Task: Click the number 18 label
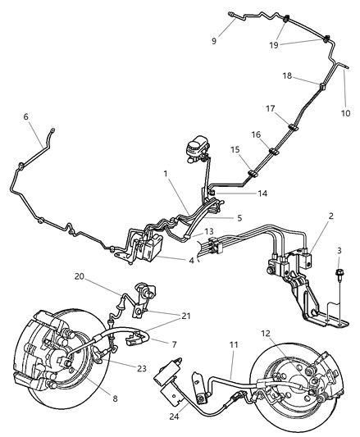coord(287,76)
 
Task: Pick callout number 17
coord(270,107)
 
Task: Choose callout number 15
coord(234,151)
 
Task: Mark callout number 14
coord(239,193)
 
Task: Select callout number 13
coord(186,232)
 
